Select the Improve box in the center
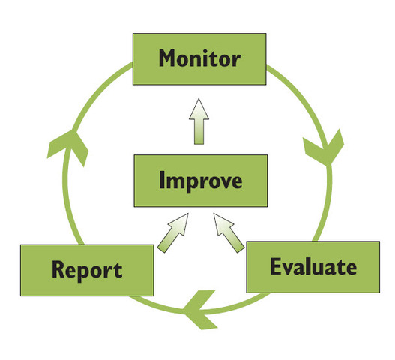click(199, 181)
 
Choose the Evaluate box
click(313, 267)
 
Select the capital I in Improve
click(162, 181)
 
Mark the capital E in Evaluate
click(275, 266)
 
